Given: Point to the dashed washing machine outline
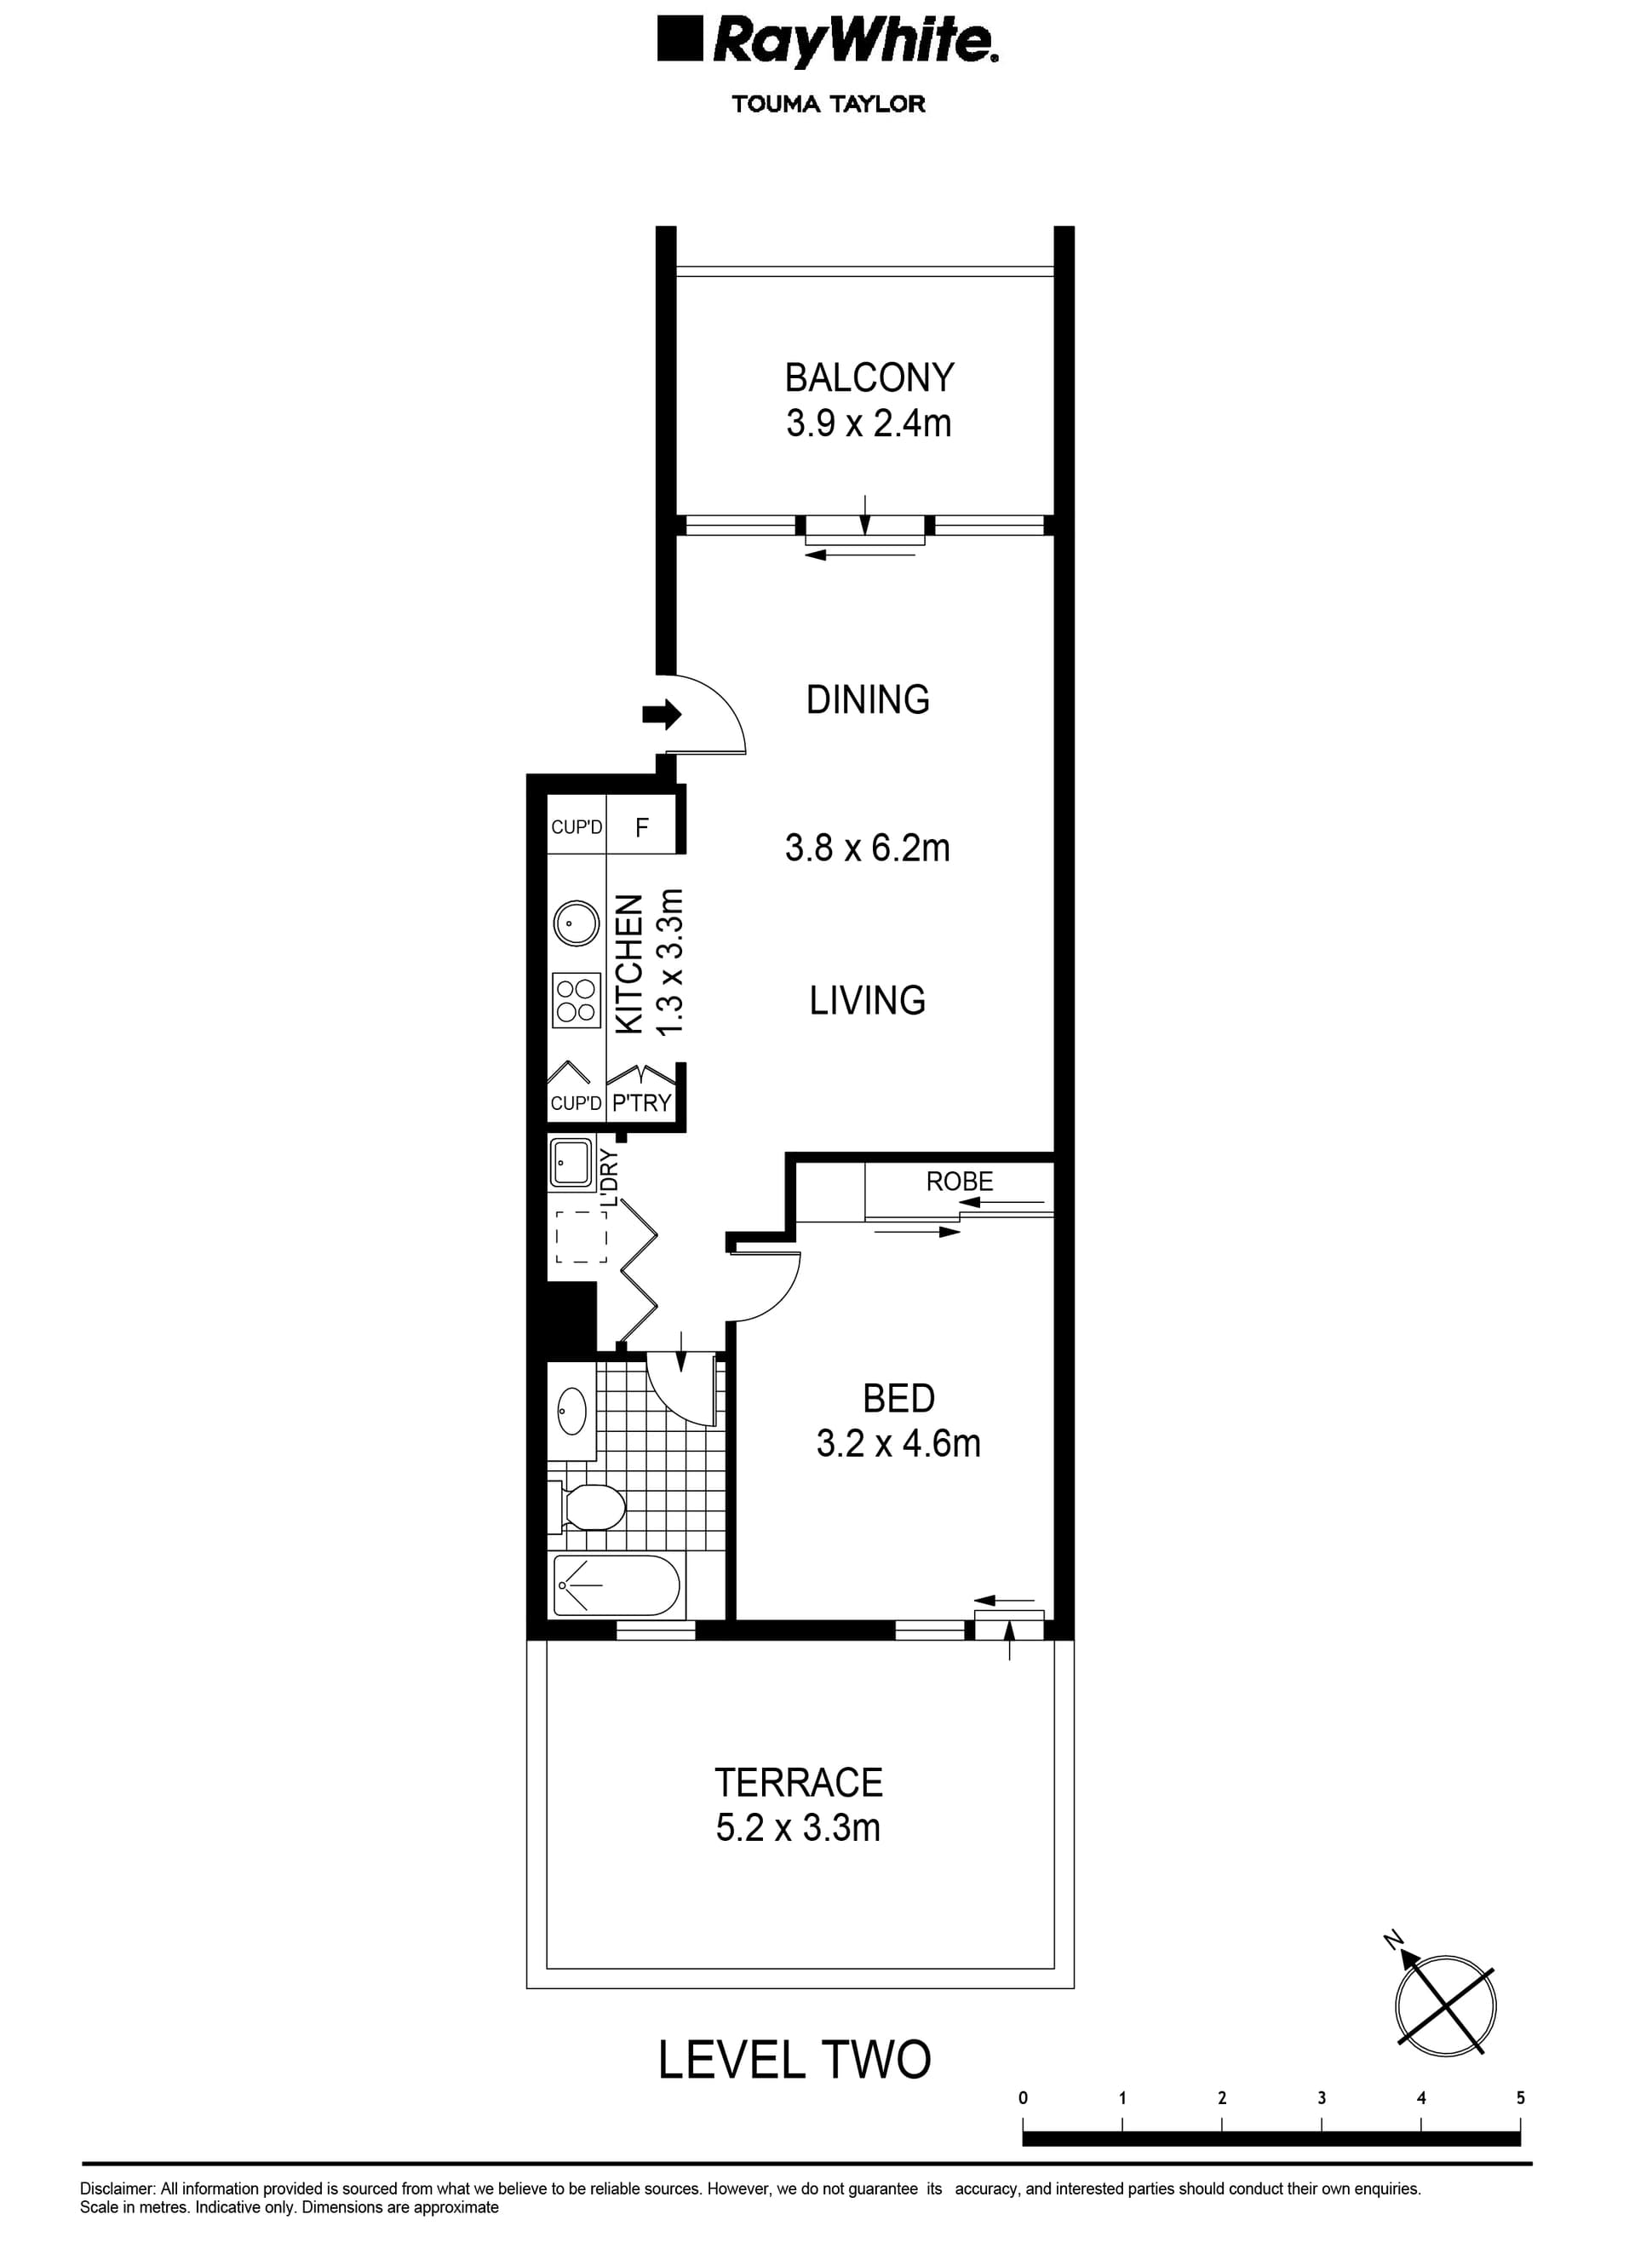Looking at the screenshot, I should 581,1236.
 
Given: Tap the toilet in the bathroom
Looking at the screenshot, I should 591,1508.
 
